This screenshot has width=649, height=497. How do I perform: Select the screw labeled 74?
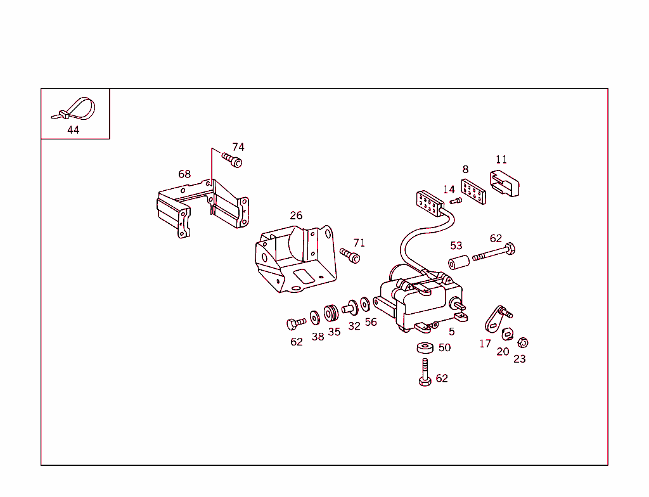pos(232,159)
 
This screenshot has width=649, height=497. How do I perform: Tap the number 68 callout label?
pos(184,174)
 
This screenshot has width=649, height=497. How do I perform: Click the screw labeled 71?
pos(350,255)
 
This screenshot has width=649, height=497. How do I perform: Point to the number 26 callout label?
pos(296,216)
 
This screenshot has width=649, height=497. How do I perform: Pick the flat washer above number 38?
pos(315,316)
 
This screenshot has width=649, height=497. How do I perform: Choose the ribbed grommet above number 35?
pos(331,314)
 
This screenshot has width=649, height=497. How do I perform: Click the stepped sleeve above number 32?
pos(350,307)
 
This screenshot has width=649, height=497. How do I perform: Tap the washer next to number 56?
pos(366,304)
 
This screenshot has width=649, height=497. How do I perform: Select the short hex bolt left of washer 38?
pos(295,323)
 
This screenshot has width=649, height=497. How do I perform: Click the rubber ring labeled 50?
pos(425,347)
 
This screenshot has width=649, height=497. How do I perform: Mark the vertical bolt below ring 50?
pos(425,372)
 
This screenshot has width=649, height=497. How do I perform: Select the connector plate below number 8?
pos(474,191)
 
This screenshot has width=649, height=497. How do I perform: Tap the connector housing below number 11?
pos(504,184)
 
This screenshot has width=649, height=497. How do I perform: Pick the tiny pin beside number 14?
pos(456,201)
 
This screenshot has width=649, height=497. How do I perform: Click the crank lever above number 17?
pos(494,318)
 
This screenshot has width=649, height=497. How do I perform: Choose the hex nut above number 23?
pos(522,343)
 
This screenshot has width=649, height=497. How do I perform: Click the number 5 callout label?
pos(451,332)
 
